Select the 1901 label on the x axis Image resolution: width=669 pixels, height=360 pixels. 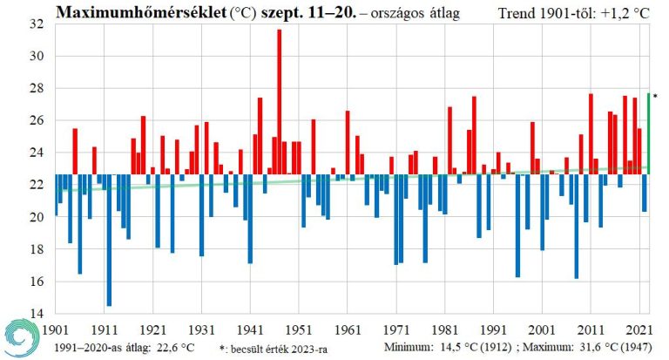click(x=55, y=330)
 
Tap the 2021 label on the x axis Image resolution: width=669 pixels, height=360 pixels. click(x=639, y=330)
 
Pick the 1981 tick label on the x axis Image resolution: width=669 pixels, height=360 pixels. click(x=445, y=330)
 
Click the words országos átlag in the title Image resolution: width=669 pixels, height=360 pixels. click(x=419, y=13)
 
